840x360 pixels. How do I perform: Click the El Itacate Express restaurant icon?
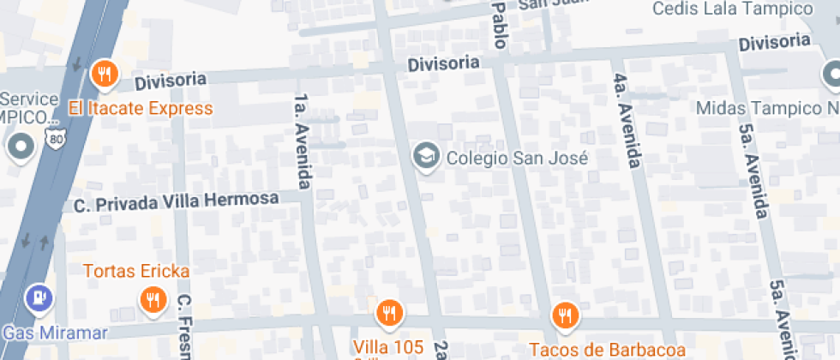[x=104, y=75]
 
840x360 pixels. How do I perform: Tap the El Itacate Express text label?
[x=141, y=108]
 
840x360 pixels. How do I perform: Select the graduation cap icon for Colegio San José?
[x=424, y=156]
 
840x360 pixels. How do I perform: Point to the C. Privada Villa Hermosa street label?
[x=177, y=202]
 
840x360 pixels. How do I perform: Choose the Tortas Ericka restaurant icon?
[x=153, y=299]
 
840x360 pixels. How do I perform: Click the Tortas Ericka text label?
[x=136, y=271]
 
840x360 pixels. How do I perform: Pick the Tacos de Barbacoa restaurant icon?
[x=564, y=315]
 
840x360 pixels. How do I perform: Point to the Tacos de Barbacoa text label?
[x=607, y=349]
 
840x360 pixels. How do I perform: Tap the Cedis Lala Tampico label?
[x=732, y=9]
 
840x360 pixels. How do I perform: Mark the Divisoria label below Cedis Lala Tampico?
[x=774, y=42]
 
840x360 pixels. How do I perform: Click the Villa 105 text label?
[x=388, y=346]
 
